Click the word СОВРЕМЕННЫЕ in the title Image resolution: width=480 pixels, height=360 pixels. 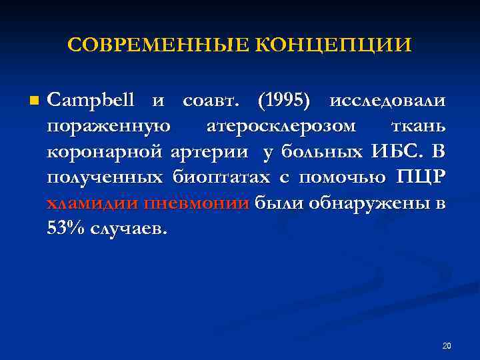(158, 45)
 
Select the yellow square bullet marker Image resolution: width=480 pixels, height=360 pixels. (35, 101)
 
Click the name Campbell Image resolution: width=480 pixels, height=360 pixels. (91, 101)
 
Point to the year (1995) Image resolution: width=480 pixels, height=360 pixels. (284, 101)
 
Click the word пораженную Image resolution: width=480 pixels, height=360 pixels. (109, 126)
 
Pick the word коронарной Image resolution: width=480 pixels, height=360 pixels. (105, 152)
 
